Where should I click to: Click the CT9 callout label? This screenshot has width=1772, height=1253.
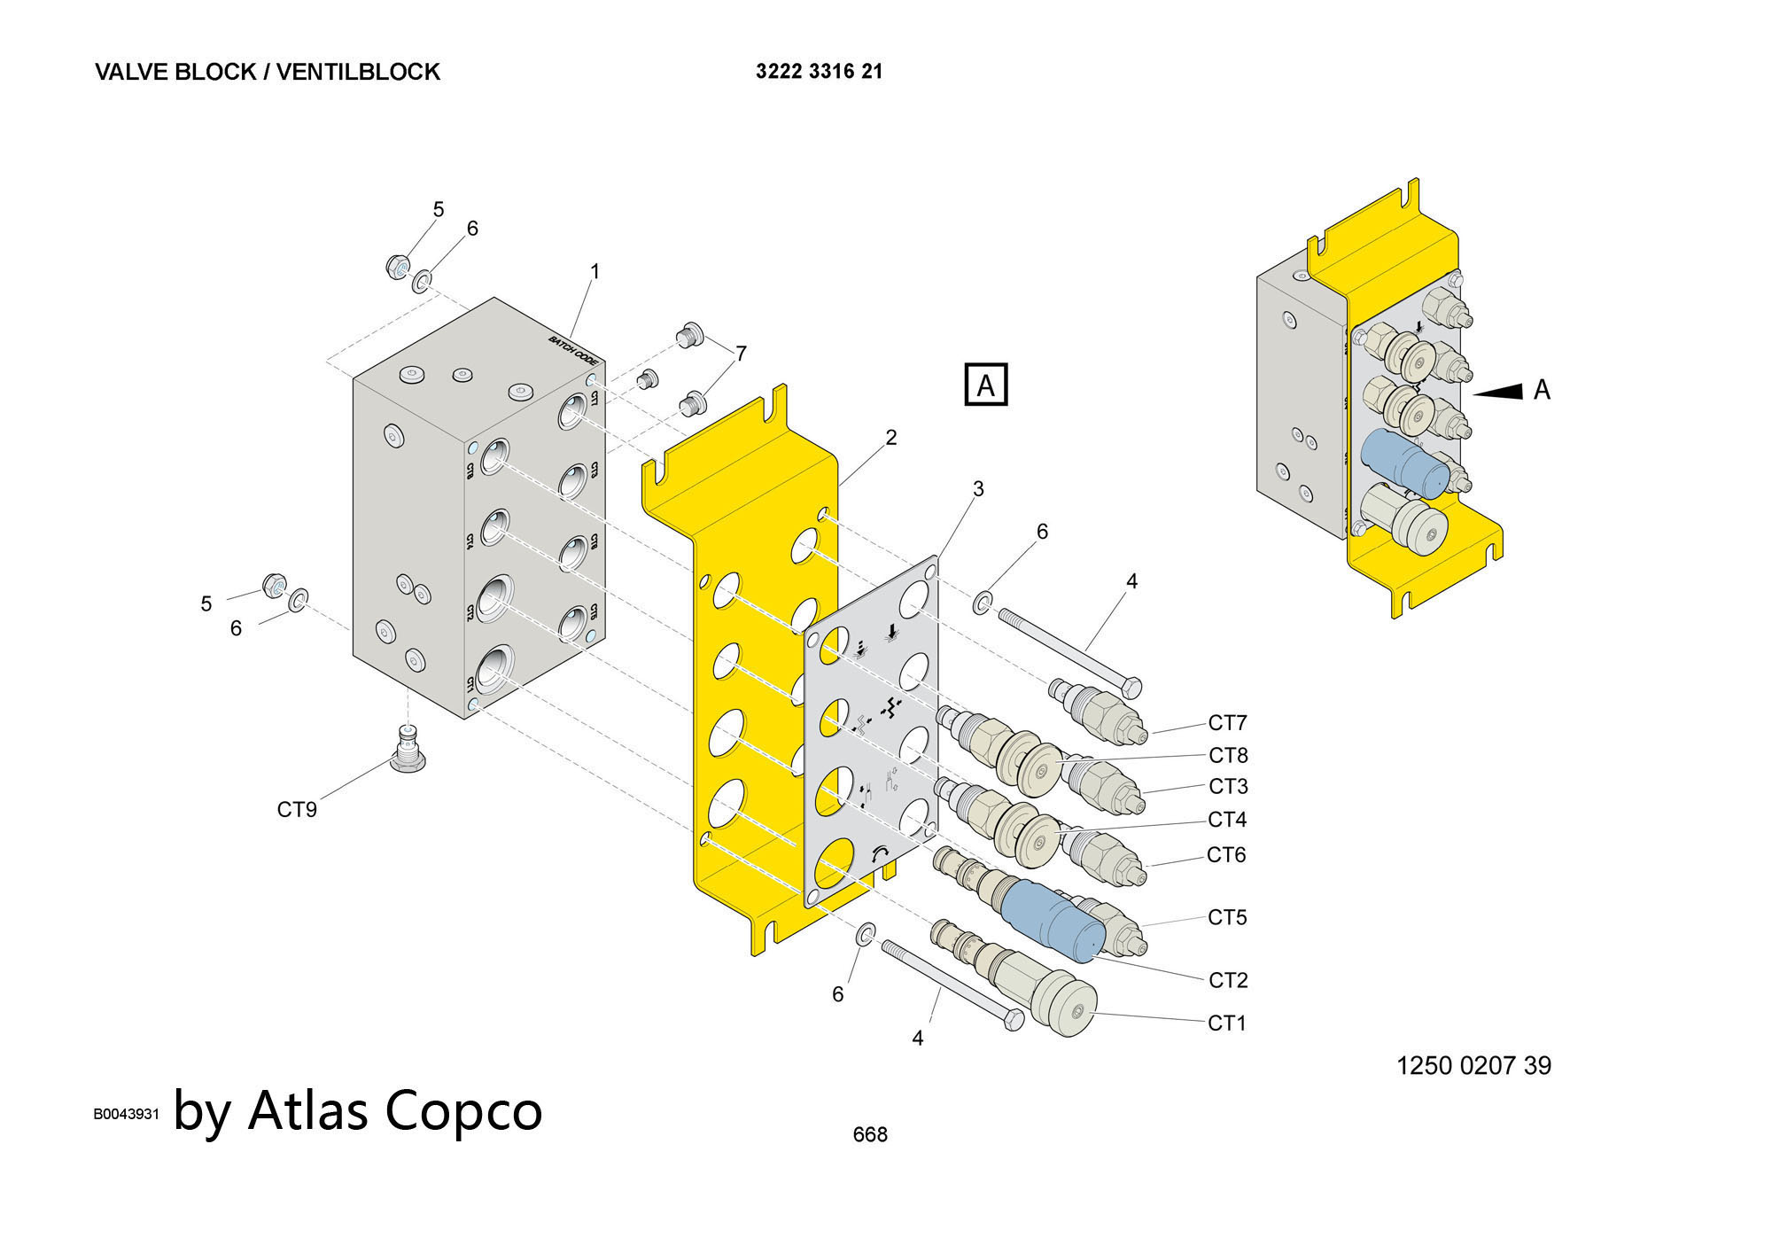[x=297, y=810]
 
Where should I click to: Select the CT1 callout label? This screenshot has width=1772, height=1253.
[x=1227, y=1023]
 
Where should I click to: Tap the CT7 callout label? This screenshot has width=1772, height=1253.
[x=1227, y=723]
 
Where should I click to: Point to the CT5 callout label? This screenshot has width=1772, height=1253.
[x=1227, y=918]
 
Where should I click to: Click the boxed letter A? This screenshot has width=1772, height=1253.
[x=985, y=385]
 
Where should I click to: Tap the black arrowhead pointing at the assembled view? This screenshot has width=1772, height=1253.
[x=1499, y=391]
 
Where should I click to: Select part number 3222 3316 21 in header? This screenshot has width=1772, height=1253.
[x=819, y=72]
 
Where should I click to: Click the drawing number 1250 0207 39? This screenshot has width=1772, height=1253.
[x=1473, y=1065]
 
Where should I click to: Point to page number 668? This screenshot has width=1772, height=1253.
[x=869, y=1134]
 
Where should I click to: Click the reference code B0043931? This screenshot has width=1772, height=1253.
[x=126, y=1114]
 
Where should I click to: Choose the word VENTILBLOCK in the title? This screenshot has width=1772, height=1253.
[x=358, y=72]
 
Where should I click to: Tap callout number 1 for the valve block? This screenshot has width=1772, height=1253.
[x=595, y=272]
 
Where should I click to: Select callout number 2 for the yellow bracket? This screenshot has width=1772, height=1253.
[x=891, y=438]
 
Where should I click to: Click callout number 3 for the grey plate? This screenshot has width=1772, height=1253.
[x=978, y=489]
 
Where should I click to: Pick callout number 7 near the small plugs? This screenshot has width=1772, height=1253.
[x=741, y=354]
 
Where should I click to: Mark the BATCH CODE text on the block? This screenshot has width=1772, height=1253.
[x=573, y=351]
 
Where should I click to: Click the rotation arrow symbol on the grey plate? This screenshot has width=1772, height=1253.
[x=880, y=853]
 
